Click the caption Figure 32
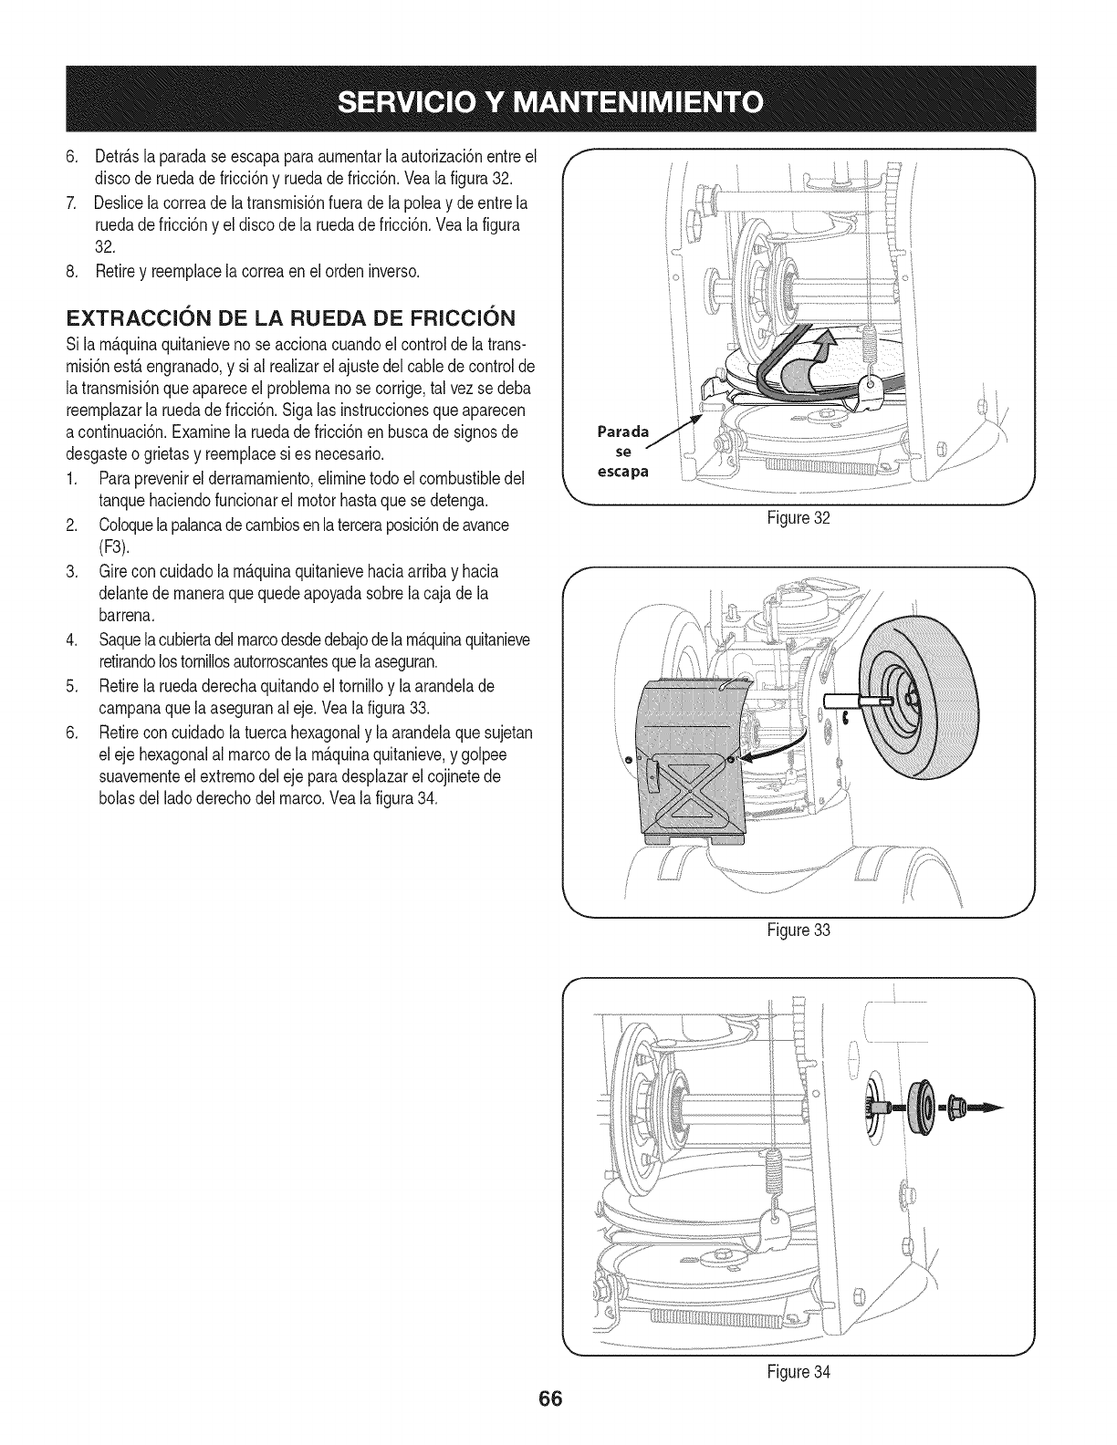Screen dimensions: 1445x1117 [799, 518]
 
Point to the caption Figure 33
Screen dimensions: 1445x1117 [799, 931]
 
